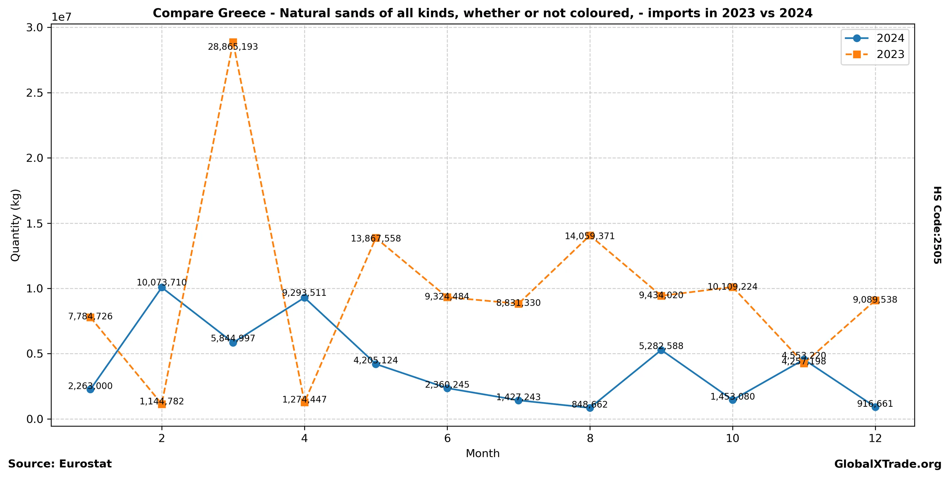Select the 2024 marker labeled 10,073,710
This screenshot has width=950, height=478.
point(162,288)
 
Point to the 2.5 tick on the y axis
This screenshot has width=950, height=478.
point(34,93)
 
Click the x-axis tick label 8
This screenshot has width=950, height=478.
point(590,439)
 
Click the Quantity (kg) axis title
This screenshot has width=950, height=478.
point(15,225)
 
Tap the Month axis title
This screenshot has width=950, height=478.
point(483,454)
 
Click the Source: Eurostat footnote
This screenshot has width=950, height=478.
point(60,464)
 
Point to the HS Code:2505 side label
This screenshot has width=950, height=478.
point(937,225)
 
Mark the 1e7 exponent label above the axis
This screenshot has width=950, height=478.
point(61,17)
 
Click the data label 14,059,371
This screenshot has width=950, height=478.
point(590,236)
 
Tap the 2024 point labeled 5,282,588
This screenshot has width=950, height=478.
point(661,350)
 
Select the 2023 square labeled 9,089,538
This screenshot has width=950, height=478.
point(875,300)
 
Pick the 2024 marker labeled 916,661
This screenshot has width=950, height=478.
point(875,407)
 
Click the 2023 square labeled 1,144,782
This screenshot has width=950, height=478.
point(162,404)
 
